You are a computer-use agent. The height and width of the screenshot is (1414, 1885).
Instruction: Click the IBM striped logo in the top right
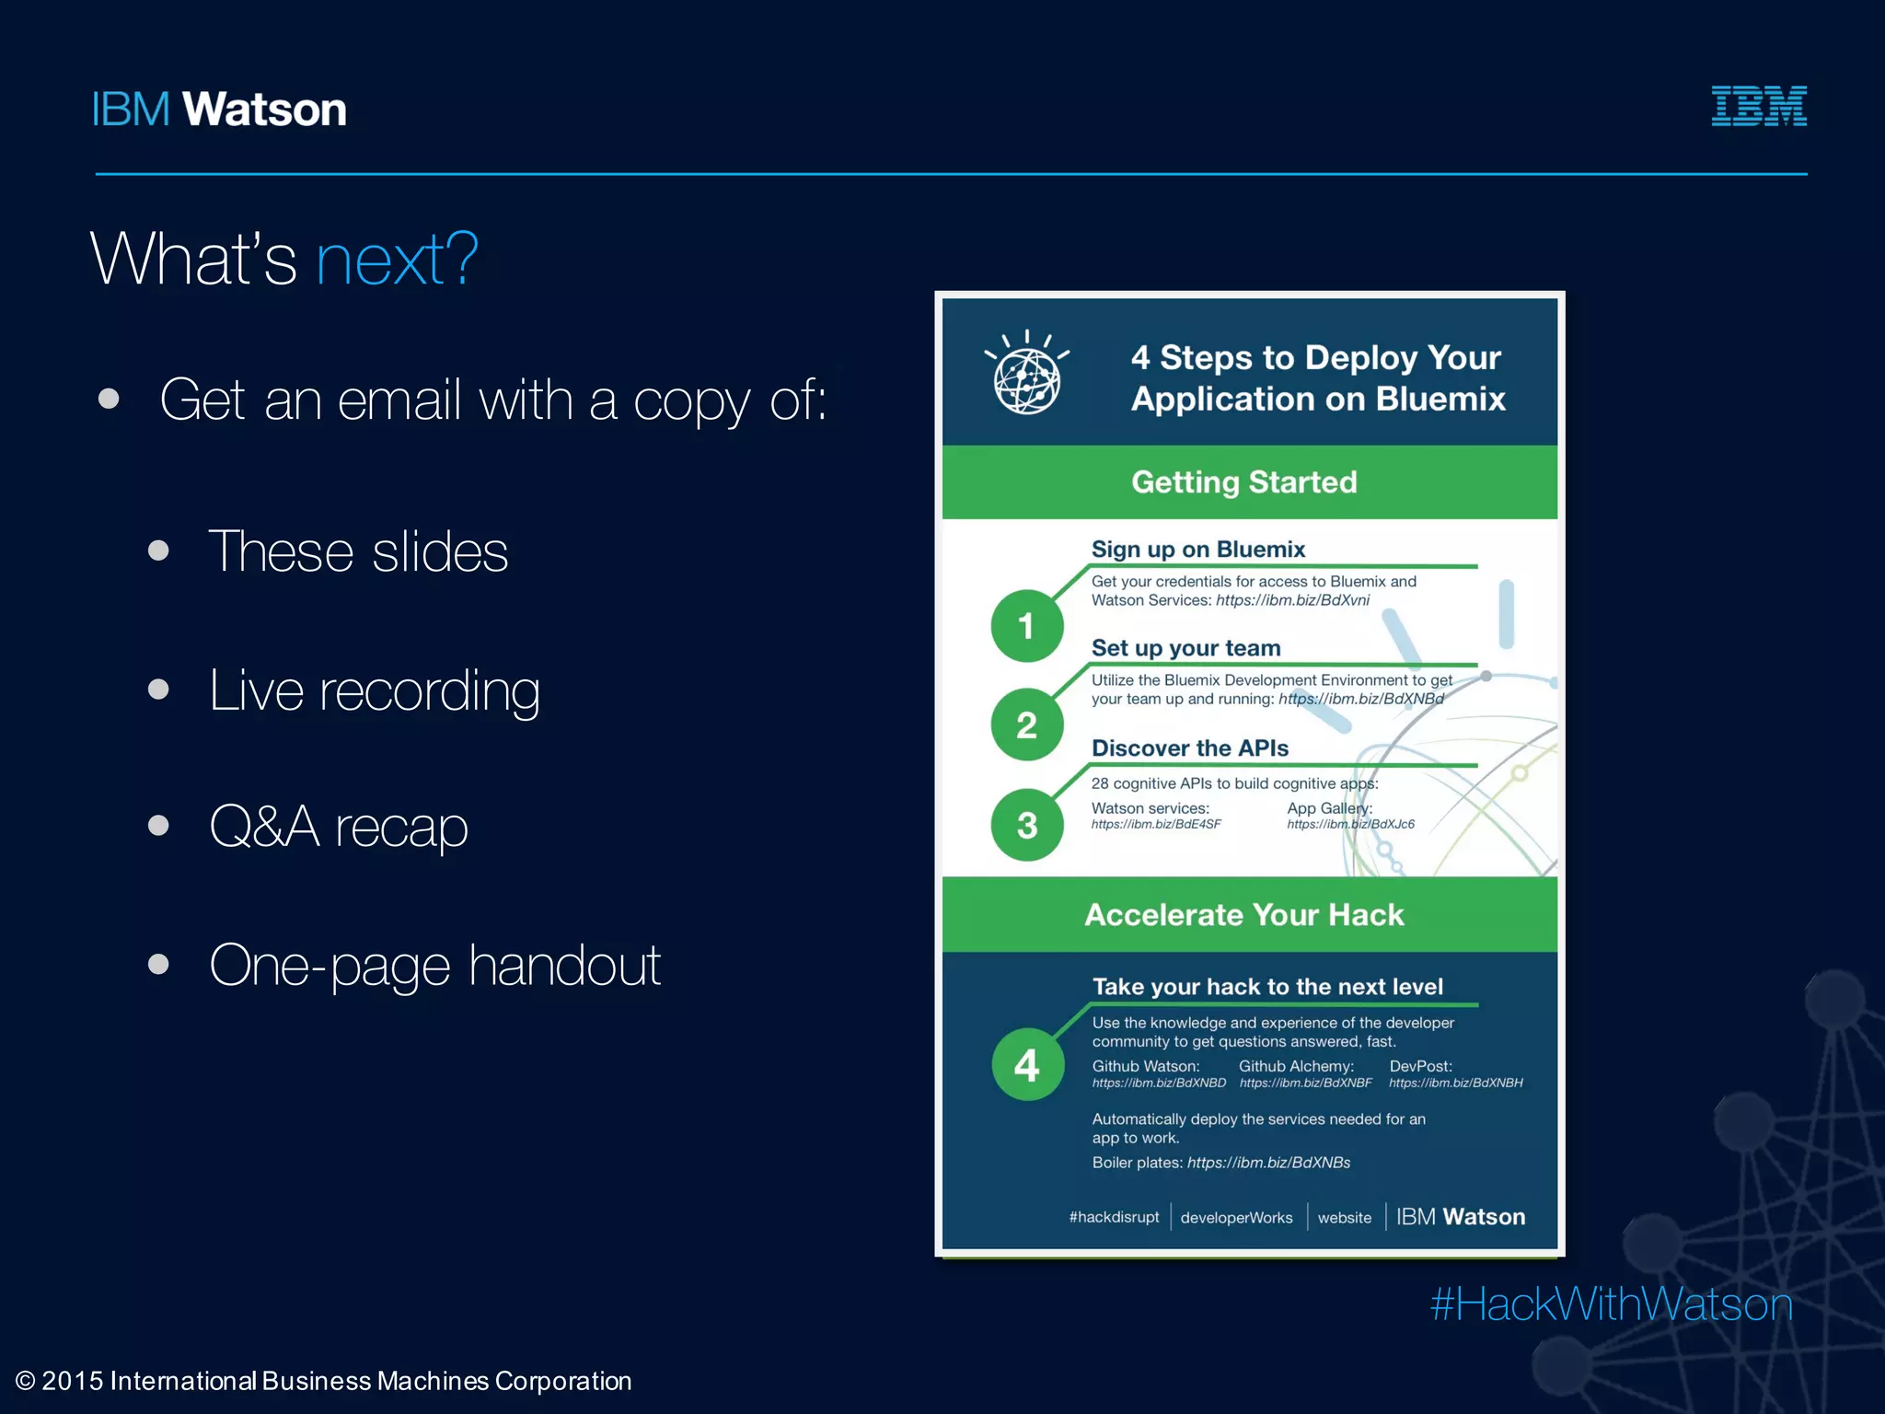click(x=1758, y=106)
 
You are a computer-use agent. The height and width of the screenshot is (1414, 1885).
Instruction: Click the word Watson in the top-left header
click(x=264, y=110)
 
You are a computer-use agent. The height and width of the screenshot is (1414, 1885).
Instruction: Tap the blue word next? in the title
click(x=397, y=260)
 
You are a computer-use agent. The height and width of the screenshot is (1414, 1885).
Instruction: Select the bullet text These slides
click(x=358, y=551)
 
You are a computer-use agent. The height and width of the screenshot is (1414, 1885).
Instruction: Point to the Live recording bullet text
click(x=374, y=690)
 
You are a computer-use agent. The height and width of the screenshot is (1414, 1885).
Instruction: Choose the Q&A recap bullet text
click(x=338, y=827)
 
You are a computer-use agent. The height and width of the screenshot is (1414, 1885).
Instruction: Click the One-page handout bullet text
click(x=434, y=966)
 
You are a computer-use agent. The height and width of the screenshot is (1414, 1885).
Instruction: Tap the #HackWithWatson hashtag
click(x=1611, y=1304)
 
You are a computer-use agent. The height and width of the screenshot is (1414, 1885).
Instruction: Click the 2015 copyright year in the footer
click(x=72, y=1381)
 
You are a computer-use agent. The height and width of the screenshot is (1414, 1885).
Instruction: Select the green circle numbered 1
click(x=1027, y=626)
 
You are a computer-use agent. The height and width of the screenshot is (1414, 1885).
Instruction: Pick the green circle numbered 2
click(x=1027, y=725)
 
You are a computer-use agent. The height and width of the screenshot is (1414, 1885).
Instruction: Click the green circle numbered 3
click(x=1027, y=825)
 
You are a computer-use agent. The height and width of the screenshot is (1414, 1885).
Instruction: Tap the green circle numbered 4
click(x=1027, y=1065)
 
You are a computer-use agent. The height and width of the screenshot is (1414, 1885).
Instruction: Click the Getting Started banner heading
click(x=1244, y=482)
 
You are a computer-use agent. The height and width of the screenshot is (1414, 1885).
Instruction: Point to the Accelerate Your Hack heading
click(x=1244, y=915)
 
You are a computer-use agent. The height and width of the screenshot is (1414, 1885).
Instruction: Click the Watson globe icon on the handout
click(x=1027, y=377)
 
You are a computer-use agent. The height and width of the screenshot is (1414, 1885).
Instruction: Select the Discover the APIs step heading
click(x=1190, y=748)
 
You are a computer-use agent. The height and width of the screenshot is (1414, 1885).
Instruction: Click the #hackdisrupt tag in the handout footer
click(x=1114, y=1217)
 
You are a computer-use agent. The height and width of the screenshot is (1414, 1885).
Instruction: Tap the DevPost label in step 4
click(x=1420, y=1066)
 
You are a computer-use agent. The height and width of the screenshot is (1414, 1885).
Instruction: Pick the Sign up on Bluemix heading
click(x=1198, y=550)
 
